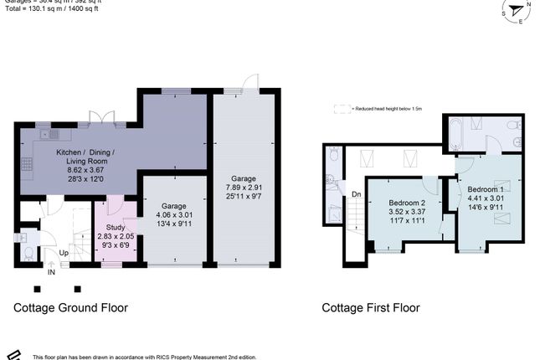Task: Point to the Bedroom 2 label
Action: (407, 203)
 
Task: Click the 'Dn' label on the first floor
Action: (356, 194)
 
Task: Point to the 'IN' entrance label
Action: (52, 271)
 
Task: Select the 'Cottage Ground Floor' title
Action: (70, 307)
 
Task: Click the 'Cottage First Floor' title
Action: (371, 307)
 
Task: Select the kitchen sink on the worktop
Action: (54, 133)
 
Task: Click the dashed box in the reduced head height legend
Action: (341, 108)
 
